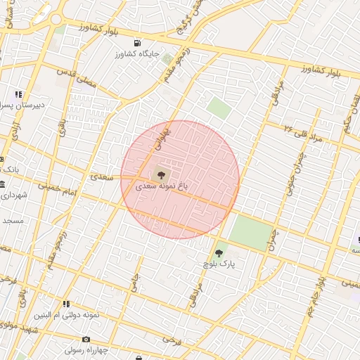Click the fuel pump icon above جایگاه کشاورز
pos(136,43)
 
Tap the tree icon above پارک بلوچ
pos(219,252)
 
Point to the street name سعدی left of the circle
pos(103,177)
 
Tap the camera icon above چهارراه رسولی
pos(86,338)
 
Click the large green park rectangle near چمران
pos(251,233)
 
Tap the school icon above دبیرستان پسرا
pos(18,94)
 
